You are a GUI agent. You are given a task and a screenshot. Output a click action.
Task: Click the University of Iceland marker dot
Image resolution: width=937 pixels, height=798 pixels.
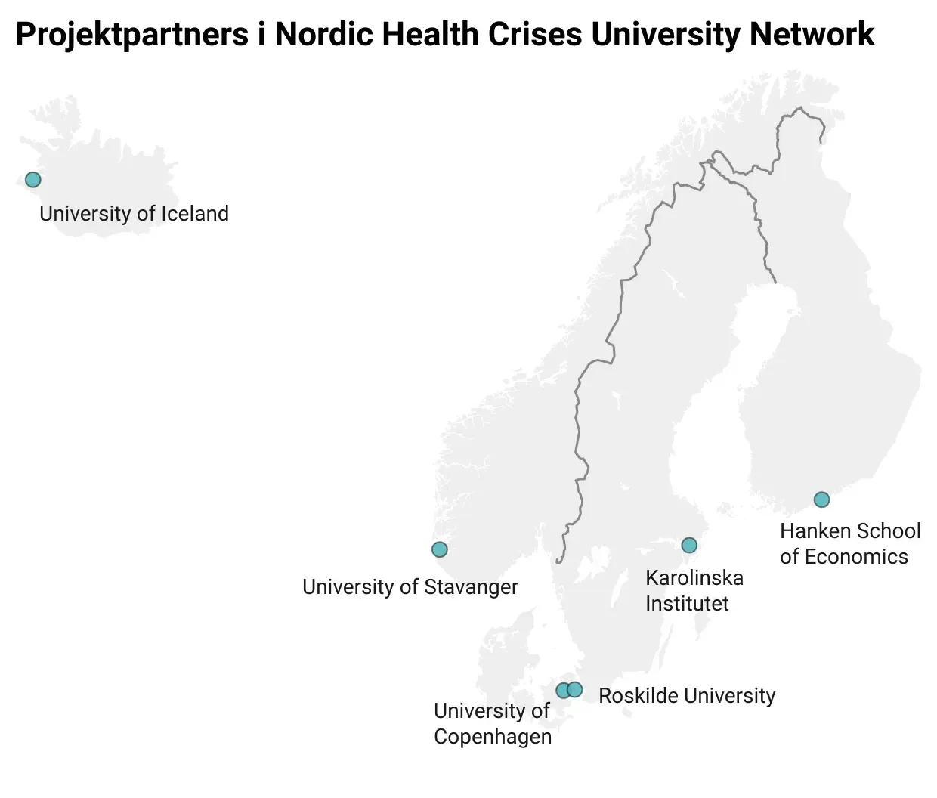tap(32, 180)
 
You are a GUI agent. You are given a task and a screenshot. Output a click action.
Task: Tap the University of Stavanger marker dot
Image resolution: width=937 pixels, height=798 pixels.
tap(439, 549)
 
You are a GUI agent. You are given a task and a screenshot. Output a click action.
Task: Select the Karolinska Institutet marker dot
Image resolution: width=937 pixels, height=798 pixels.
tap(688, 545)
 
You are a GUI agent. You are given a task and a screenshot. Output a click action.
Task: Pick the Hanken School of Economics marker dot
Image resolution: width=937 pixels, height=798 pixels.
tap(821, 500)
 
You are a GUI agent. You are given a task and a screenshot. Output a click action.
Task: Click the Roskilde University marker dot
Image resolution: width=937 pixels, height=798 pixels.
tap(575, 689)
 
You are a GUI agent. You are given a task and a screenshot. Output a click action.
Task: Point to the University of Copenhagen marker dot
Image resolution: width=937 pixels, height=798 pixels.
tap(563, 691)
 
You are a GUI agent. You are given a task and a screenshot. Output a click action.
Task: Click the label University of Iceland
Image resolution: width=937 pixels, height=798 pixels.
tap(134, 214)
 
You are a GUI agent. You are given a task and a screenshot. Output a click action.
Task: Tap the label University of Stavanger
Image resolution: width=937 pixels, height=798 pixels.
tap(410, 587)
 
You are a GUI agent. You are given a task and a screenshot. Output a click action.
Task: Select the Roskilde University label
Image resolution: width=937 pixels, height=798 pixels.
tap(686, 695)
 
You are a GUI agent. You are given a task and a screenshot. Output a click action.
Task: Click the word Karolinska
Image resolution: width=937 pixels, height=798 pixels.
tap(694, 578)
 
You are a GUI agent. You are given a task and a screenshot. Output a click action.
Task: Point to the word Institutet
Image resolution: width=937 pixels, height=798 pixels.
tap(686, 604)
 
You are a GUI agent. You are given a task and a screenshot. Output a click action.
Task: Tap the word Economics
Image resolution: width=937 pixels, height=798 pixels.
tap(855, 557)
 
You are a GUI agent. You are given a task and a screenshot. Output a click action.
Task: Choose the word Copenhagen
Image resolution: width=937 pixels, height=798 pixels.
tap(492, 737)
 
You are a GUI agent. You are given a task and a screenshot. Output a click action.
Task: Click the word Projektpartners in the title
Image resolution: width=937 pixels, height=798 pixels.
tap(131, 35)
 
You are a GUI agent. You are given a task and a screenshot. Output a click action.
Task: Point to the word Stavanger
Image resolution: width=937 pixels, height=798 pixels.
tap(470, 587)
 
